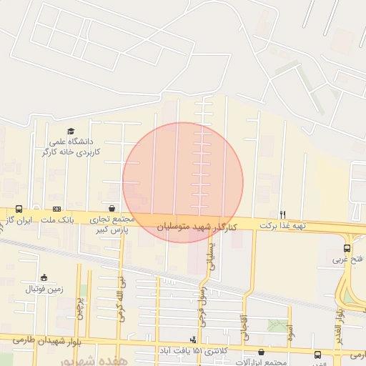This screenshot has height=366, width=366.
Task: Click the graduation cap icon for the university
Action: (x=70, y=131)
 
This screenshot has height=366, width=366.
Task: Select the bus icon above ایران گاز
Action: (x=18, y=209)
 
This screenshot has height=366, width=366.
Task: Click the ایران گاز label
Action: (x=18, y=220)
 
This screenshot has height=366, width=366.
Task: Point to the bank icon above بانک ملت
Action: (x=56, y=209)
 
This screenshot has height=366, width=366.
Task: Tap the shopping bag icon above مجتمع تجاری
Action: (x=112, y=208)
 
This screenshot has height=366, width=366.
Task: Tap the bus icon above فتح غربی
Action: (x=347, y=248)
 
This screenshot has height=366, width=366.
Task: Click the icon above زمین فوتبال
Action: (x=44, y=277)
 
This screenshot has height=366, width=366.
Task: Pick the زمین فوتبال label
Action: (x=44, y=289)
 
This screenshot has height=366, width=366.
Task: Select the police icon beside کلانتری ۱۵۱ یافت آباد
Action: (x=192, y=339)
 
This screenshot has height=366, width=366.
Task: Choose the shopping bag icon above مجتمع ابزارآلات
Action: (x=260, y=352)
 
